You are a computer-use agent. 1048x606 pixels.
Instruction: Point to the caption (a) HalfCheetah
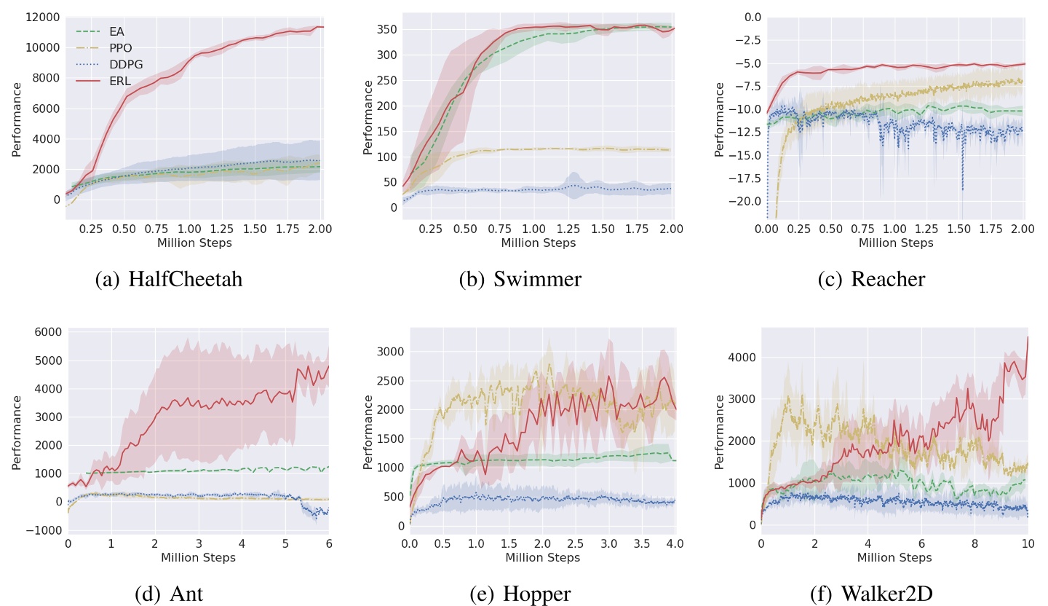[169, 279]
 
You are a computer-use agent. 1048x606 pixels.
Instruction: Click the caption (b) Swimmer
[520, 279]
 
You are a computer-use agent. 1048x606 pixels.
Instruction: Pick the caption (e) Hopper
[520, 594]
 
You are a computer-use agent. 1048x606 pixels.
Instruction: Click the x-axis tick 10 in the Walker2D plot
[1028, 543]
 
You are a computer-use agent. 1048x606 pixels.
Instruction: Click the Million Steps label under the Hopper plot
[541, 558]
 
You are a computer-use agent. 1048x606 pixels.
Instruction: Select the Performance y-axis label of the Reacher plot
[720, 119]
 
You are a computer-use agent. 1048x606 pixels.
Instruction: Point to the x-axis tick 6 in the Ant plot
[328, 543]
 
